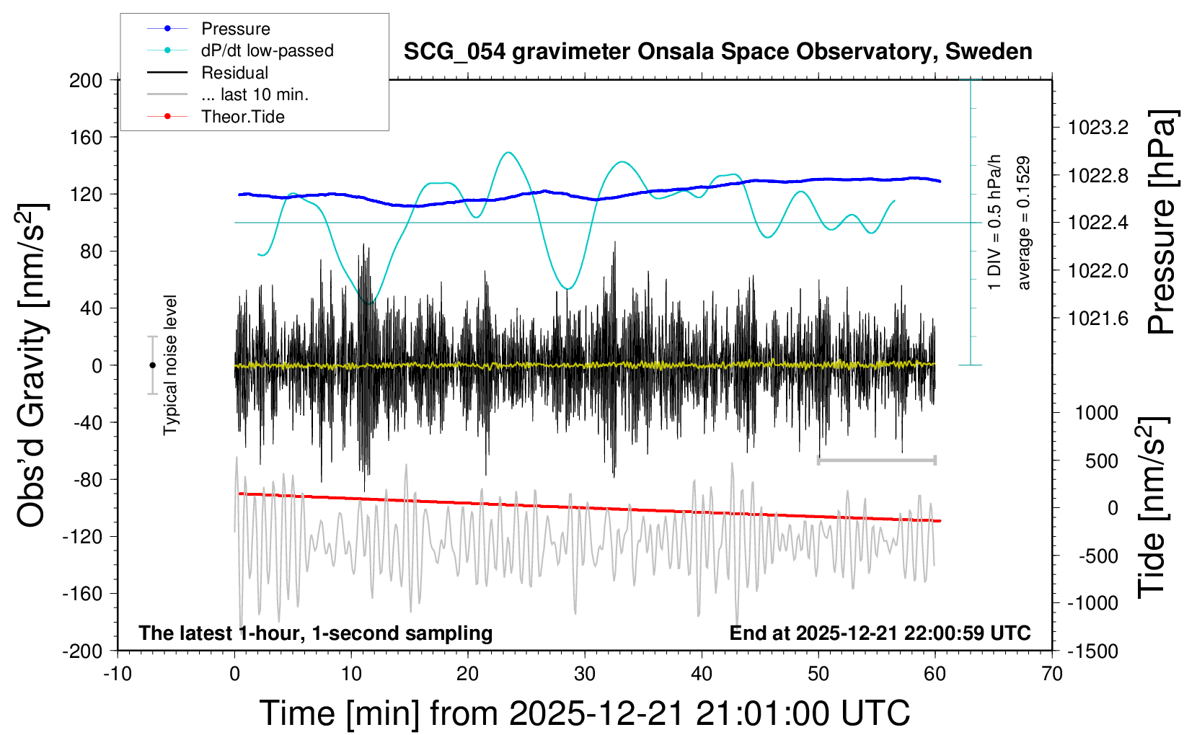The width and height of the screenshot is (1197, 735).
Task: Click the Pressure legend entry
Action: (x=235, y=29)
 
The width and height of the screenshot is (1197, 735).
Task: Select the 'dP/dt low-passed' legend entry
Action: (x=267, y=50)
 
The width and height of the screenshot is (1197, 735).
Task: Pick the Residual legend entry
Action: (x=234, y=73)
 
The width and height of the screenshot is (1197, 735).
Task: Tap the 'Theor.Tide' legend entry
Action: (x=242, y=117)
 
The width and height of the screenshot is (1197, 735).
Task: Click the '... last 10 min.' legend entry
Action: (x=255, y=94)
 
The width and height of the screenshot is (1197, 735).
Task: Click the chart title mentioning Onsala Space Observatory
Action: (x=717, y=52)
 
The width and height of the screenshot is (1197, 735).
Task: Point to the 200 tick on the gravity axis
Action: (x=86, y=80)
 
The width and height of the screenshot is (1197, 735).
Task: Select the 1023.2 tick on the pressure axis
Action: (x=1098, y=128)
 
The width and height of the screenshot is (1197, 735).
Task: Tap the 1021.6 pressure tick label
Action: (x=1098, y=318)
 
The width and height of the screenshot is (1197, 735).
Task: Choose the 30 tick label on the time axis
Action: (x=585, y=674)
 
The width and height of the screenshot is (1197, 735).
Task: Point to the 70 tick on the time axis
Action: (x=1052, y=674)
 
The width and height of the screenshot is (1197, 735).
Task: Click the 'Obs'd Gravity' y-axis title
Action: (x=32, y=365)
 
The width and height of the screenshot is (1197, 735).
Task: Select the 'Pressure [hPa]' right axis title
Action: (x=1162, y=223)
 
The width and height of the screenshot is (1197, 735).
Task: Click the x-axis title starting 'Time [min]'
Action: (x=584, y=713)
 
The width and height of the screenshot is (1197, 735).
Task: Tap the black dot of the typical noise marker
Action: (x=152, y=365)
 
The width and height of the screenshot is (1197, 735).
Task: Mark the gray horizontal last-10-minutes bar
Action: (x=876, y=460)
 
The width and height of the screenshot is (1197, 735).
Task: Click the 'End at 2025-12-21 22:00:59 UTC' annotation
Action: (x=880, y=633)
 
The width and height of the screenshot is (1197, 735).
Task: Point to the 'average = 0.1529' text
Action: (x=1024, y=223)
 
